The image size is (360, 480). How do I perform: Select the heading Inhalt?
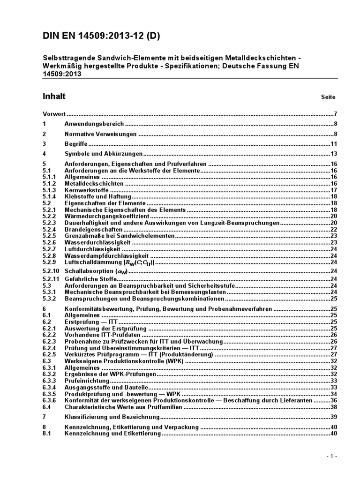coord(54,97)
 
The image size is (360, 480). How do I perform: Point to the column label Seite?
coord(328,97)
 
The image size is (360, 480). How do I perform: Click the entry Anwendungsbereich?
coord(94,124)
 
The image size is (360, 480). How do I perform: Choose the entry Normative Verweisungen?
coord(100,134)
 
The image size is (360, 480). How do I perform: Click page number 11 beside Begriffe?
coord(334,144)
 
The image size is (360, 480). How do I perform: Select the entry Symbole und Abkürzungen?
coord(103,154)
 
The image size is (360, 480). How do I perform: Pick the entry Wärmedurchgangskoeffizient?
coord(107,216)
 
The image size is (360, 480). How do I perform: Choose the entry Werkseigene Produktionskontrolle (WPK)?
coord(125,361)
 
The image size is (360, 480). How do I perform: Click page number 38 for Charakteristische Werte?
coord(334,407)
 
